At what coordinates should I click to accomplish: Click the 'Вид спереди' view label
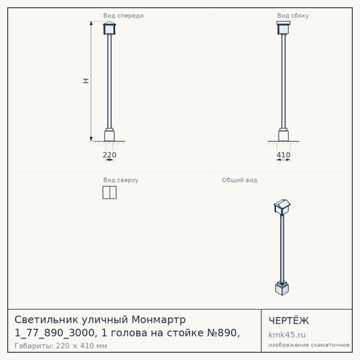pos(123,16)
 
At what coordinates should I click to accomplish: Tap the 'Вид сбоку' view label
pos(293,16)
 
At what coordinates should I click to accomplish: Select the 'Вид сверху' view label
pos(121,180)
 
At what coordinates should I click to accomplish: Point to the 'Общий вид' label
pos(240,180)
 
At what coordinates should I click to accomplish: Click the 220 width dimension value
pos(109,155)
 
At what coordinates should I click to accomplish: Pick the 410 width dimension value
pos(284,155)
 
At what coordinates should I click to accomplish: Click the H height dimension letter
pos(86,81)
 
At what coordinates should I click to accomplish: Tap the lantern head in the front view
pos(109,28)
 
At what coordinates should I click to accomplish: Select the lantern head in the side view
pos(284,28)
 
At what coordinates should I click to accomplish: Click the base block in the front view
pos(109,135)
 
